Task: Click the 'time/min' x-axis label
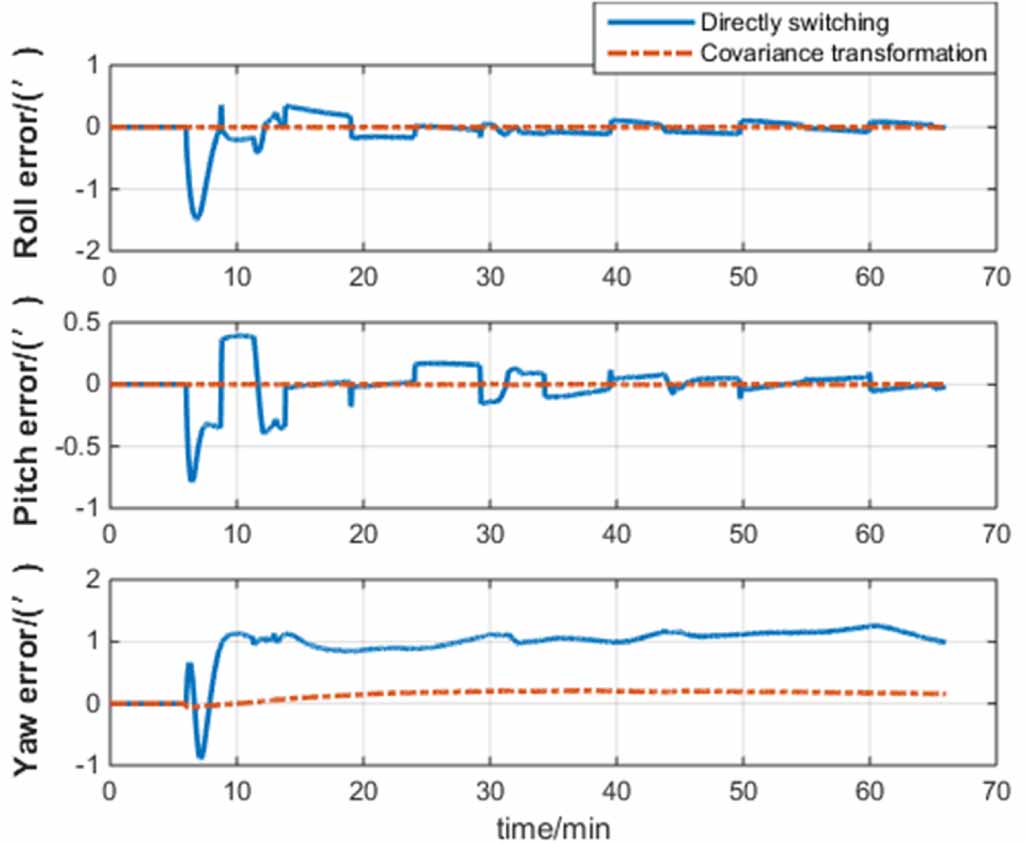(x=551, y=827)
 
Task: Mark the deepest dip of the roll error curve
(x=196, y=217)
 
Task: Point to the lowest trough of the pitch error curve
(x=192, y=480)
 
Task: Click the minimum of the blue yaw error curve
(x=201, y=757)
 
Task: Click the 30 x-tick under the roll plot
(x=489, y=275)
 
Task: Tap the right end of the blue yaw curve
(x=943, y=642)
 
